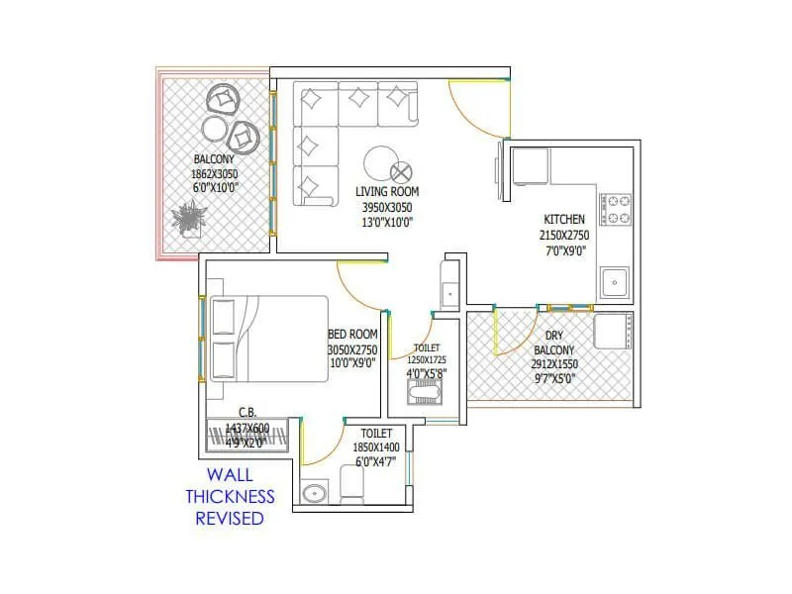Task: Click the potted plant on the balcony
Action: click(188, 217)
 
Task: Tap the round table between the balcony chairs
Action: click(214, 129)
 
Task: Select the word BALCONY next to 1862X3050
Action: click(214, 158)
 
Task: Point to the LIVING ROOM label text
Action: click(386, 191)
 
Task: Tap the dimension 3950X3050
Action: click(385, 207)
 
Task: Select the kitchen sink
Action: click(615, 282)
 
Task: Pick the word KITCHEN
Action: click(564, 219)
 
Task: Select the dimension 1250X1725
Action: click(427, 360)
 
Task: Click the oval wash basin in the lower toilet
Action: click(316, 493)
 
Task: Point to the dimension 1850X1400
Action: click(375, 447)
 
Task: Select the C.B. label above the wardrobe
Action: click(247, 412)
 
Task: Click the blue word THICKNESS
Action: click(230, 497)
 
